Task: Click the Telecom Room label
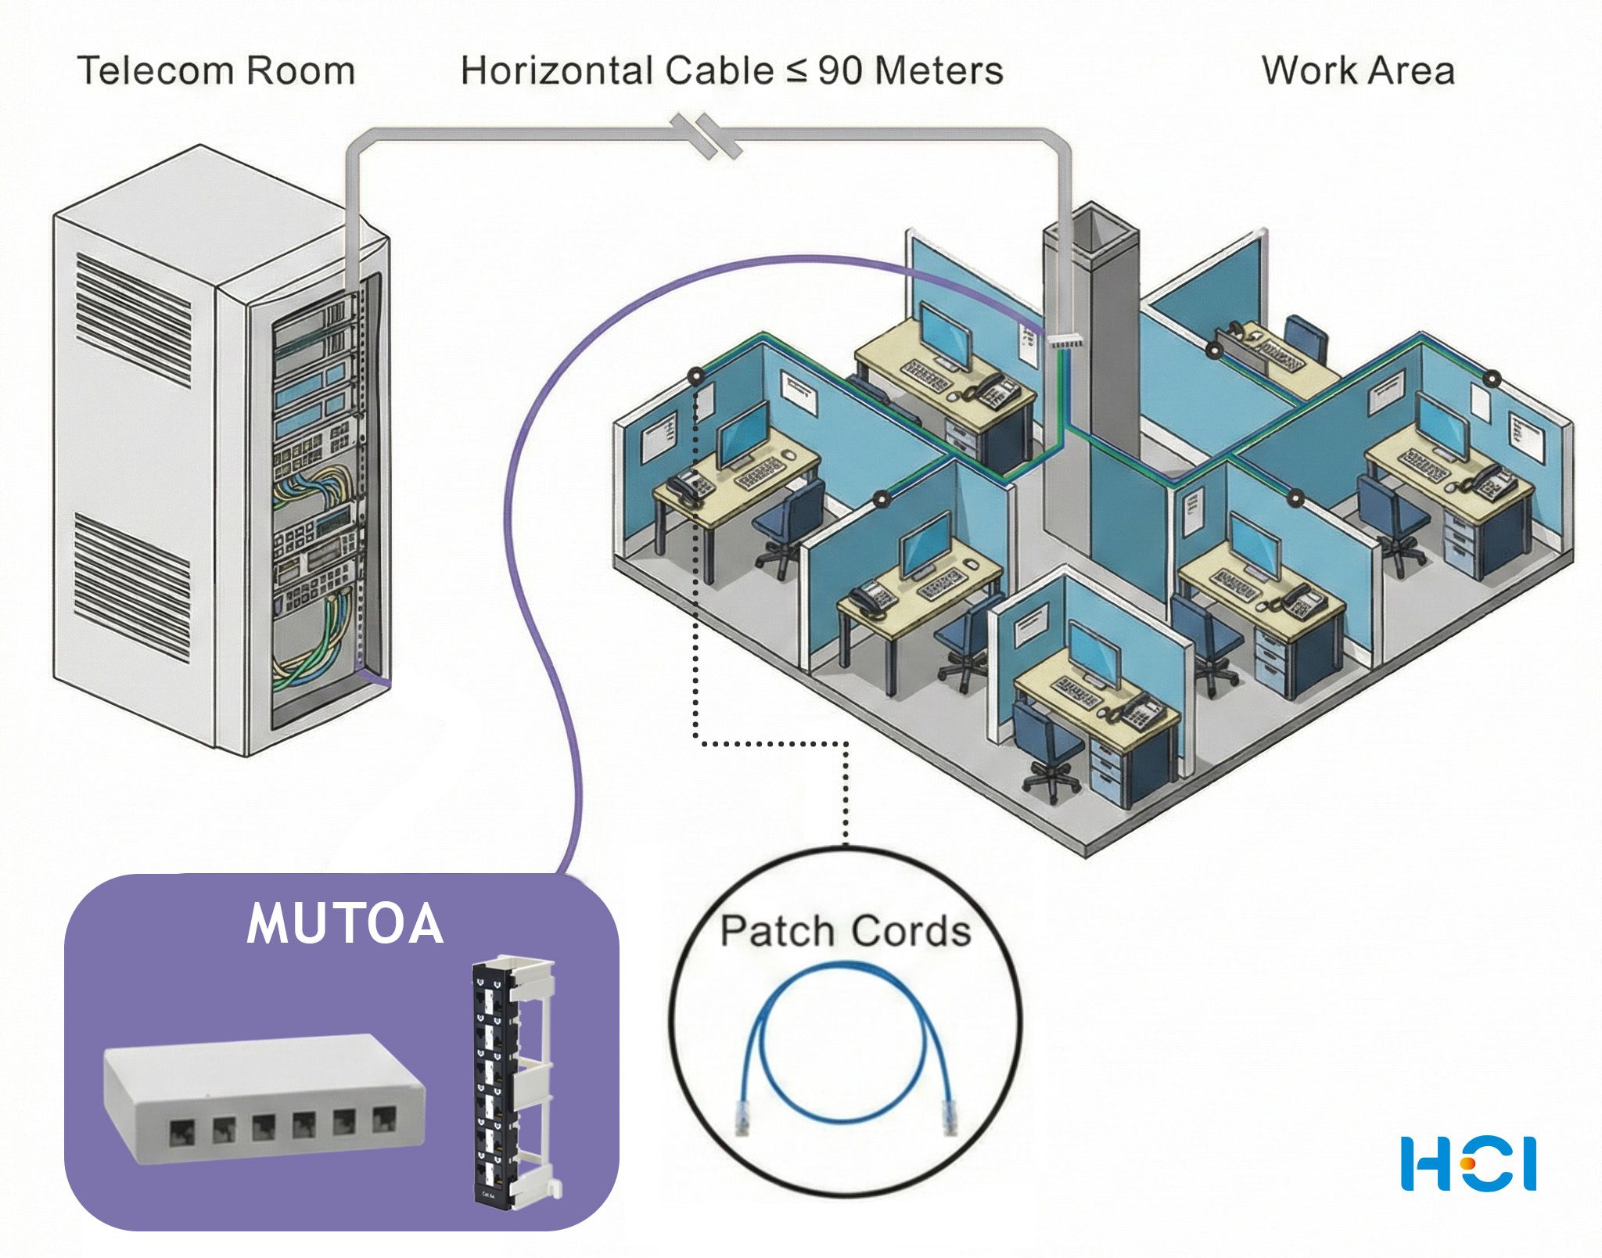pyautogui.click(x=216, y=70)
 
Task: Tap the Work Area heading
pyautogui.click(x=1358, y=70)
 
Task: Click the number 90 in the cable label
pyautogui.click(x=840, y=70)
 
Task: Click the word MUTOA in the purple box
pyautogui.click(x=345, y=924)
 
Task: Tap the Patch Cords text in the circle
pyautogui.click(x=845, y=931)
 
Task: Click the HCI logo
pyautogui.click(x=1468, y=1164)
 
